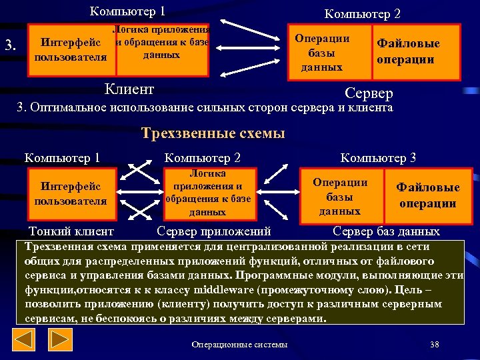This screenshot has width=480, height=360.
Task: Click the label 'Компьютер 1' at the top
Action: (127, 11)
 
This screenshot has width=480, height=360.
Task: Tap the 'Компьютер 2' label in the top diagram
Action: (362, 13)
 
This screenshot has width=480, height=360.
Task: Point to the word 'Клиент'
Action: (130, 89)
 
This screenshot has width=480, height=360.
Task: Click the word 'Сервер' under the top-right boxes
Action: (369, 93)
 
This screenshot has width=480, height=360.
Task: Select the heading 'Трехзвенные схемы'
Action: (213, 133)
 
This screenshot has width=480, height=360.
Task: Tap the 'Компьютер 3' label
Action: (378, 158)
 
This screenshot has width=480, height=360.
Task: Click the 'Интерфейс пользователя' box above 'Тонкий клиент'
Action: (71, 193)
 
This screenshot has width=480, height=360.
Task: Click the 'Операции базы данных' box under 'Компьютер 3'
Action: (339, 196)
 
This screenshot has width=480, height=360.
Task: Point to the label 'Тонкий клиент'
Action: (71, 232)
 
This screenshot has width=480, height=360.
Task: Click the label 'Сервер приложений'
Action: (213, 232)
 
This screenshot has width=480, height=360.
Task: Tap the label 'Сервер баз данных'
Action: (386, 232)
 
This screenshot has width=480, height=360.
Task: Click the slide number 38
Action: (434, 345)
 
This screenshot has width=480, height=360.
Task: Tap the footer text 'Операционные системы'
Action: (239, 345)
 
